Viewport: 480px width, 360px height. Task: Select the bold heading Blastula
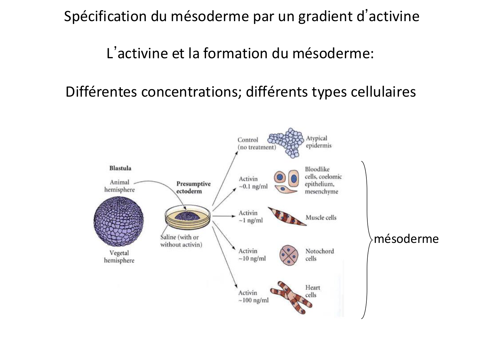120,168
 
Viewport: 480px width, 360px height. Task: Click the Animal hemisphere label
119,186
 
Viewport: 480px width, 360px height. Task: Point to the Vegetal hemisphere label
119,257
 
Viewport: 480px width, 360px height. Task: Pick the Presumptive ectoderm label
193,188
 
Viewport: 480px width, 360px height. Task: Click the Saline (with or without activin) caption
181,241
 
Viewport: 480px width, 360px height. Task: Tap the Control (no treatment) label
256,143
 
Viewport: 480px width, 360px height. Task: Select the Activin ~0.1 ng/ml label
253,183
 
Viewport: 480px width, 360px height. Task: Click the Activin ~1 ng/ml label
250,217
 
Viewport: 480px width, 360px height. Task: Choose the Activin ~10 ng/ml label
252,255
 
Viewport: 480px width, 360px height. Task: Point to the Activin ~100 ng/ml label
253,297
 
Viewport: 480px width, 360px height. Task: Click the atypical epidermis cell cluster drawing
286,142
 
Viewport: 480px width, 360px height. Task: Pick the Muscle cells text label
321,218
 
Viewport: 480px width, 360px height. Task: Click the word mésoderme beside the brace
406,239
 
